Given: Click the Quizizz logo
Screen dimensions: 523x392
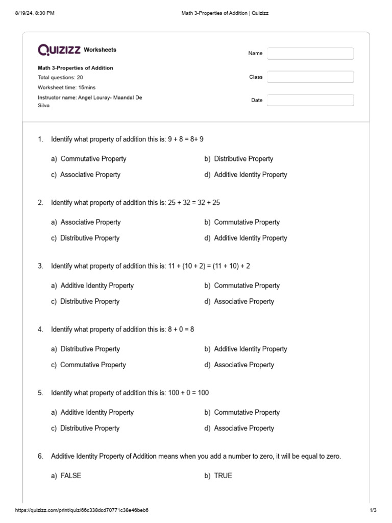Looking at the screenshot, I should pos(59,50).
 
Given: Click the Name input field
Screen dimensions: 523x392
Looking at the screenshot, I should pos(310,54).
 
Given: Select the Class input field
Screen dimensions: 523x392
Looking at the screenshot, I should pos(310,77).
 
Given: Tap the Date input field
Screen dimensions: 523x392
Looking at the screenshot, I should pos(310,100).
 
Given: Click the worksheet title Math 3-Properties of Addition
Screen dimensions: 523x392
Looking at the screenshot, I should pos(76,68).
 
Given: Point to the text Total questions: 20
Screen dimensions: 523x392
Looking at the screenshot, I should pos(60,78).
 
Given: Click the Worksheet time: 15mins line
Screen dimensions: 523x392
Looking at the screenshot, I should pos(66,87).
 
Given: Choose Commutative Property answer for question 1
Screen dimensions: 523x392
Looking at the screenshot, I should pos(93,159).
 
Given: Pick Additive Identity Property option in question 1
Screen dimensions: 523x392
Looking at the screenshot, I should pos(250,175).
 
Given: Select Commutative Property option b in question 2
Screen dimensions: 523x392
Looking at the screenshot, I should pos(247,222).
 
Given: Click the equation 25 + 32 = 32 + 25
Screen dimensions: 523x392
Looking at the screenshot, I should pos(194,203).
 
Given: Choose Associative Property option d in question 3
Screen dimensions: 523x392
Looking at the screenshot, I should pos(244,301).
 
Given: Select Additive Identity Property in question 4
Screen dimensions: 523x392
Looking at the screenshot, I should pos(250,349).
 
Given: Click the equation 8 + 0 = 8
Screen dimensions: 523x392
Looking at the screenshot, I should pos(181,329).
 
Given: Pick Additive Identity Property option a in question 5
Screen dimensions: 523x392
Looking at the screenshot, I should pos(96,412).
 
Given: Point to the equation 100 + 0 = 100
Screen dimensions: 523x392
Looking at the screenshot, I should pos(188,393).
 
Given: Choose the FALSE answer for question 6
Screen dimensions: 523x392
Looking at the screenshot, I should pos(70,476).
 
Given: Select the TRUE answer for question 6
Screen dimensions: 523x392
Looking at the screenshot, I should pos(223,476).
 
